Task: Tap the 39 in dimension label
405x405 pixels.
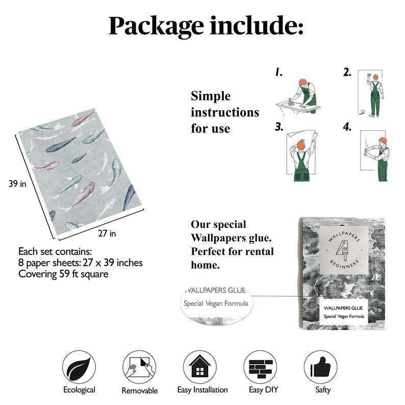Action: (x=17, y=184)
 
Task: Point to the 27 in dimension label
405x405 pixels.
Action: (x=107, y=233)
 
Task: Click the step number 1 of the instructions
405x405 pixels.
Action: (x=279, y=72)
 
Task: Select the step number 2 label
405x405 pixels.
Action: (x=347, y=72)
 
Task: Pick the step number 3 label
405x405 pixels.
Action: (x=279, y=127)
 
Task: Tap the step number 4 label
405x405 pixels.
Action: (x=347, y=127)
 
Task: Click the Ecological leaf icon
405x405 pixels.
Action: (x=79, y=367)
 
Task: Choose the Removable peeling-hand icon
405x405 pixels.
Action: (x=139, y=367)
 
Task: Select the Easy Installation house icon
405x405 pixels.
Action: (x=200, y=367)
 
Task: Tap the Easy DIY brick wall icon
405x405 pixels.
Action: (x=260, y=367)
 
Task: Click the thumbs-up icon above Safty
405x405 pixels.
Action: (x=321, y=367)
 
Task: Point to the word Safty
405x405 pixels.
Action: (x=323, y=390)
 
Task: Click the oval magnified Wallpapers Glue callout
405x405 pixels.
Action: (x=216, y=304)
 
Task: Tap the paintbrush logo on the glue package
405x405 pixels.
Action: (x=343, y=249)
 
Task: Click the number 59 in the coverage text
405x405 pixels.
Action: (x=65, y=274)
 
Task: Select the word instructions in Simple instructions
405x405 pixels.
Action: (x=225, y=113)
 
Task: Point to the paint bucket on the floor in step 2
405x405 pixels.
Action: (x=363, y=112)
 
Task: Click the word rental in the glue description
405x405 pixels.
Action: (x=259, y=251)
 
